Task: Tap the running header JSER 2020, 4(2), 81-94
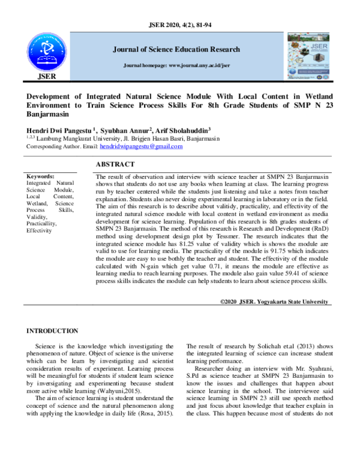180,26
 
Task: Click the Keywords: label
40,176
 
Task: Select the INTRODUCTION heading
52,331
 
